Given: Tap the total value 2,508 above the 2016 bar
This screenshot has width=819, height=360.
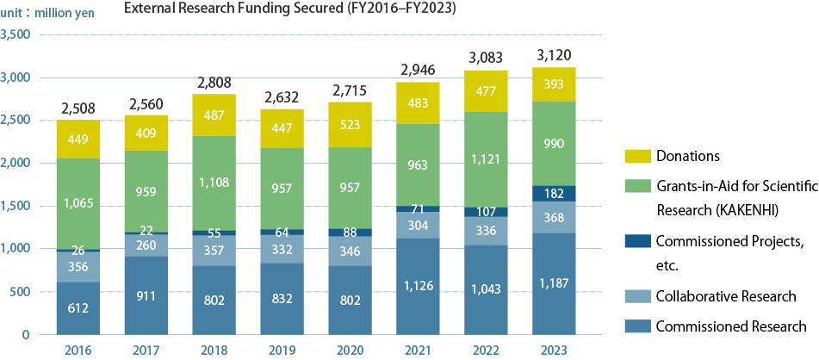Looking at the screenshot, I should pyautogui.click(x=78, y=109).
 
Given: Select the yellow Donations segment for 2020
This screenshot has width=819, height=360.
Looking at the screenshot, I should pyautogui.click(x=351, y=124).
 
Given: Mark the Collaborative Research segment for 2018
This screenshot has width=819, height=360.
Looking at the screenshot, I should pyautogui.click(x=214, y=251).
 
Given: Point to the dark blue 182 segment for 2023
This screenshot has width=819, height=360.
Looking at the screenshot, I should pyautogui.click(x=555, y=194).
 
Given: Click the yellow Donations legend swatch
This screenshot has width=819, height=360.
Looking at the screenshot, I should pyautogui.click(x=636, y=157).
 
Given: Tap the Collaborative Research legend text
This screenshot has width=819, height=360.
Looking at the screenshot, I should pyautogui.click(x=726, y=297).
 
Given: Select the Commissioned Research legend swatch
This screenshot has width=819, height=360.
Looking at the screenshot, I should pyautogui.click(x=636, y=326).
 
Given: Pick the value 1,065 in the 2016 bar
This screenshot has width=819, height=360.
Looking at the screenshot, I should pyautogui.click(x=78, y=203).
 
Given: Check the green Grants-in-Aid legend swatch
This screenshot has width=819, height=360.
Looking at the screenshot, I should pyautogui.click(x=636, y=186).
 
